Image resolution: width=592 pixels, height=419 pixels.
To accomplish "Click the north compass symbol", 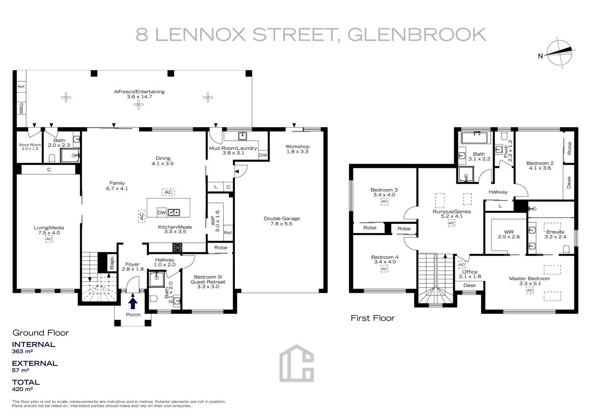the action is coord(559,53).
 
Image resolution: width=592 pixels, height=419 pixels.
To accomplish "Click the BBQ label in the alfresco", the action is coord(21,108).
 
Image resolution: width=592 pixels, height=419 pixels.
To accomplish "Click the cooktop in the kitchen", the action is coord(177,248).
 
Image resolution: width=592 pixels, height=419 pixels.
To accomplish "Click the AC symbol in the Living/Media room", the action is coord(49,239).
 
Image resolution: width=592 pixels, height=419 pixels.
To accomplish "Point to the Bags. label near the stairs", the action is coord(112,262).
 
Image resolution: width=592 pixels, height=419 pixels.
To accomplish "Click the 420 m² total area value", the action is coord(22,389).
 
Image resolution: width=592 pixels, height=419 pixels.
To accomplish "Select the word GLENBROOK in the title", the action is coord(417,34).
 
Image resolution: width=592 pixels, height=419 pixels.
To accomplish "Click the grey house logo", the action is coord(296,363).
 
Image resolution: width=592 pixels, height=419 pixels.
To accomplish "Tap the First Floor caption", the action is coord(372,318).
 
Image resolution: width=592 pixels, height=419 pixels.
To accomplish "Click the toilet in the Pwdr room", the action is coord(504,135).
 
